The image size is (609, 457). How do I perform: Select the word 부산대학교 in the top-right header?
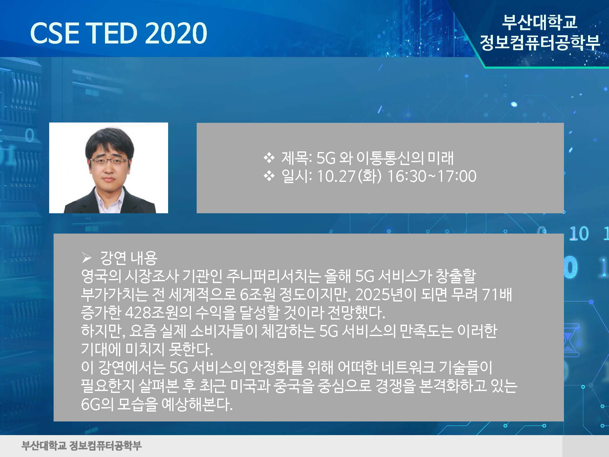[540, 22]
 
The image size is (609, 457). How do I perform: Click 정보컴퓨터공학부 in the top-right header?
[540, 42]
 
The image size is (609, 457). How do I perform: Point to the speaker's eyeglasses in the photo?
[109, 161]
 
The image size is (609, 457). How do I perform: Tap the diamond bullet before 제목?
[269, 158]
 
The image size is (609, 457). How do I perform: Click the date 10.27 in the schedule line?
[336, 176]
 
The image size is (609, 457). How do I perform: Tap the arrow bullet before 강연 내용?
[87, 258]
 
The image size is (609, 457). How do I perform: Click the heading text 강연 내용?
[128, 258]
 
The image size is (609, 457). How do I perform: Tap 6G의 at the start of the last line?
[97, 404]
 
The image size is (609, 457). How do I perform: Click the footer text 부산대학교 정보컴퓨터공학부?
[82, 446]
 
